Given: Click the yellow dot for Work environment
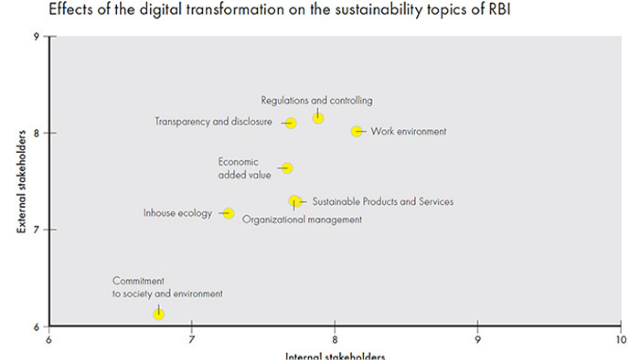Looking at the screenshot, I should [357, 132].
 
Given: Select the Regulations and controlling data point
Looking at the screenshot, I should [318, 118].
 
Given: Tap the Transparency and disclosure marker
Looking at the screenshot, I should [291, 123].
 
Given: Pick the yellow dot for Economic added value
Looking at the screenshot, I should [287, 168].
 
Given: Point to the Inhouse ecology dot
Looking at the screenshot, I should [229, 213].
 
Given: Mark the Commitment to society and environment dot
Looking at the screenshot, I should [159, 314].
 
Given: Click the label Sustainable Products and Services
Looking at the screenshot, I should [383, 201].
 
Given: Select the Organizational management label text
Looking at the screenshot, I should [302, 220].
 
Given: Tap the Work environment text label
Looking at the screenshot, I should [408, 132].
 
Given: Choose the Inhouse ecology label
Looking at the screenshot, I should [178, 213].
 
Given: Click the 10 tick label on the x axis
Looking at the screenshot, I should [620, 340].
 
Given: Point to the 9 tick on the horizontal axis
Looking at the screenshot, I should [478, 340].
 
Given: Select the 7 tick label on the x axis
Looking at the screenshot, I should [192, 340].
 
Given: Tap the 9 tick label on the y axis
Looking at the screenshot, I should [37, 36].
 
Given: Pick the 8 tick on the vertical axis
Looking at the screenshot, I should [37, 133].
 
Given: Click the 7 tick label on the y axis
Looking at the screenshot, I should [37, 230].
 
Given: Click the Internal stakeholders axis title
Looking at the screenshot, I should [335, 356].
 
